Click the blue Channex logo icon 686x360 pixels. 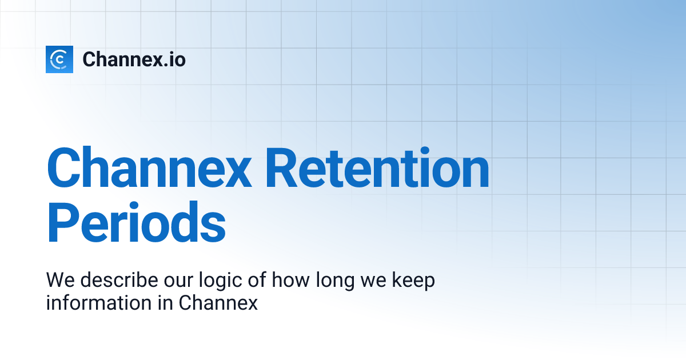59,59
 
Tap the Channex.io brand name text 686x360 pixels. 134,59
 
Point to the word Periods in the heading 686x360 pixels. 136,224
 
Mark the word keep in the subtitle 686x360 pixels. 413,281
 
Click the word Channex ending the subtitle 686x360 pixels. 218,303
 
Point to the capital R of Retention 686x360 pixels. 285,169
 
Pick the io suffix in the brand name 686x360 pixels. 177,59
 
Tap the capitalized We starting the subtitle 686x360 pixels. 59,281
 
